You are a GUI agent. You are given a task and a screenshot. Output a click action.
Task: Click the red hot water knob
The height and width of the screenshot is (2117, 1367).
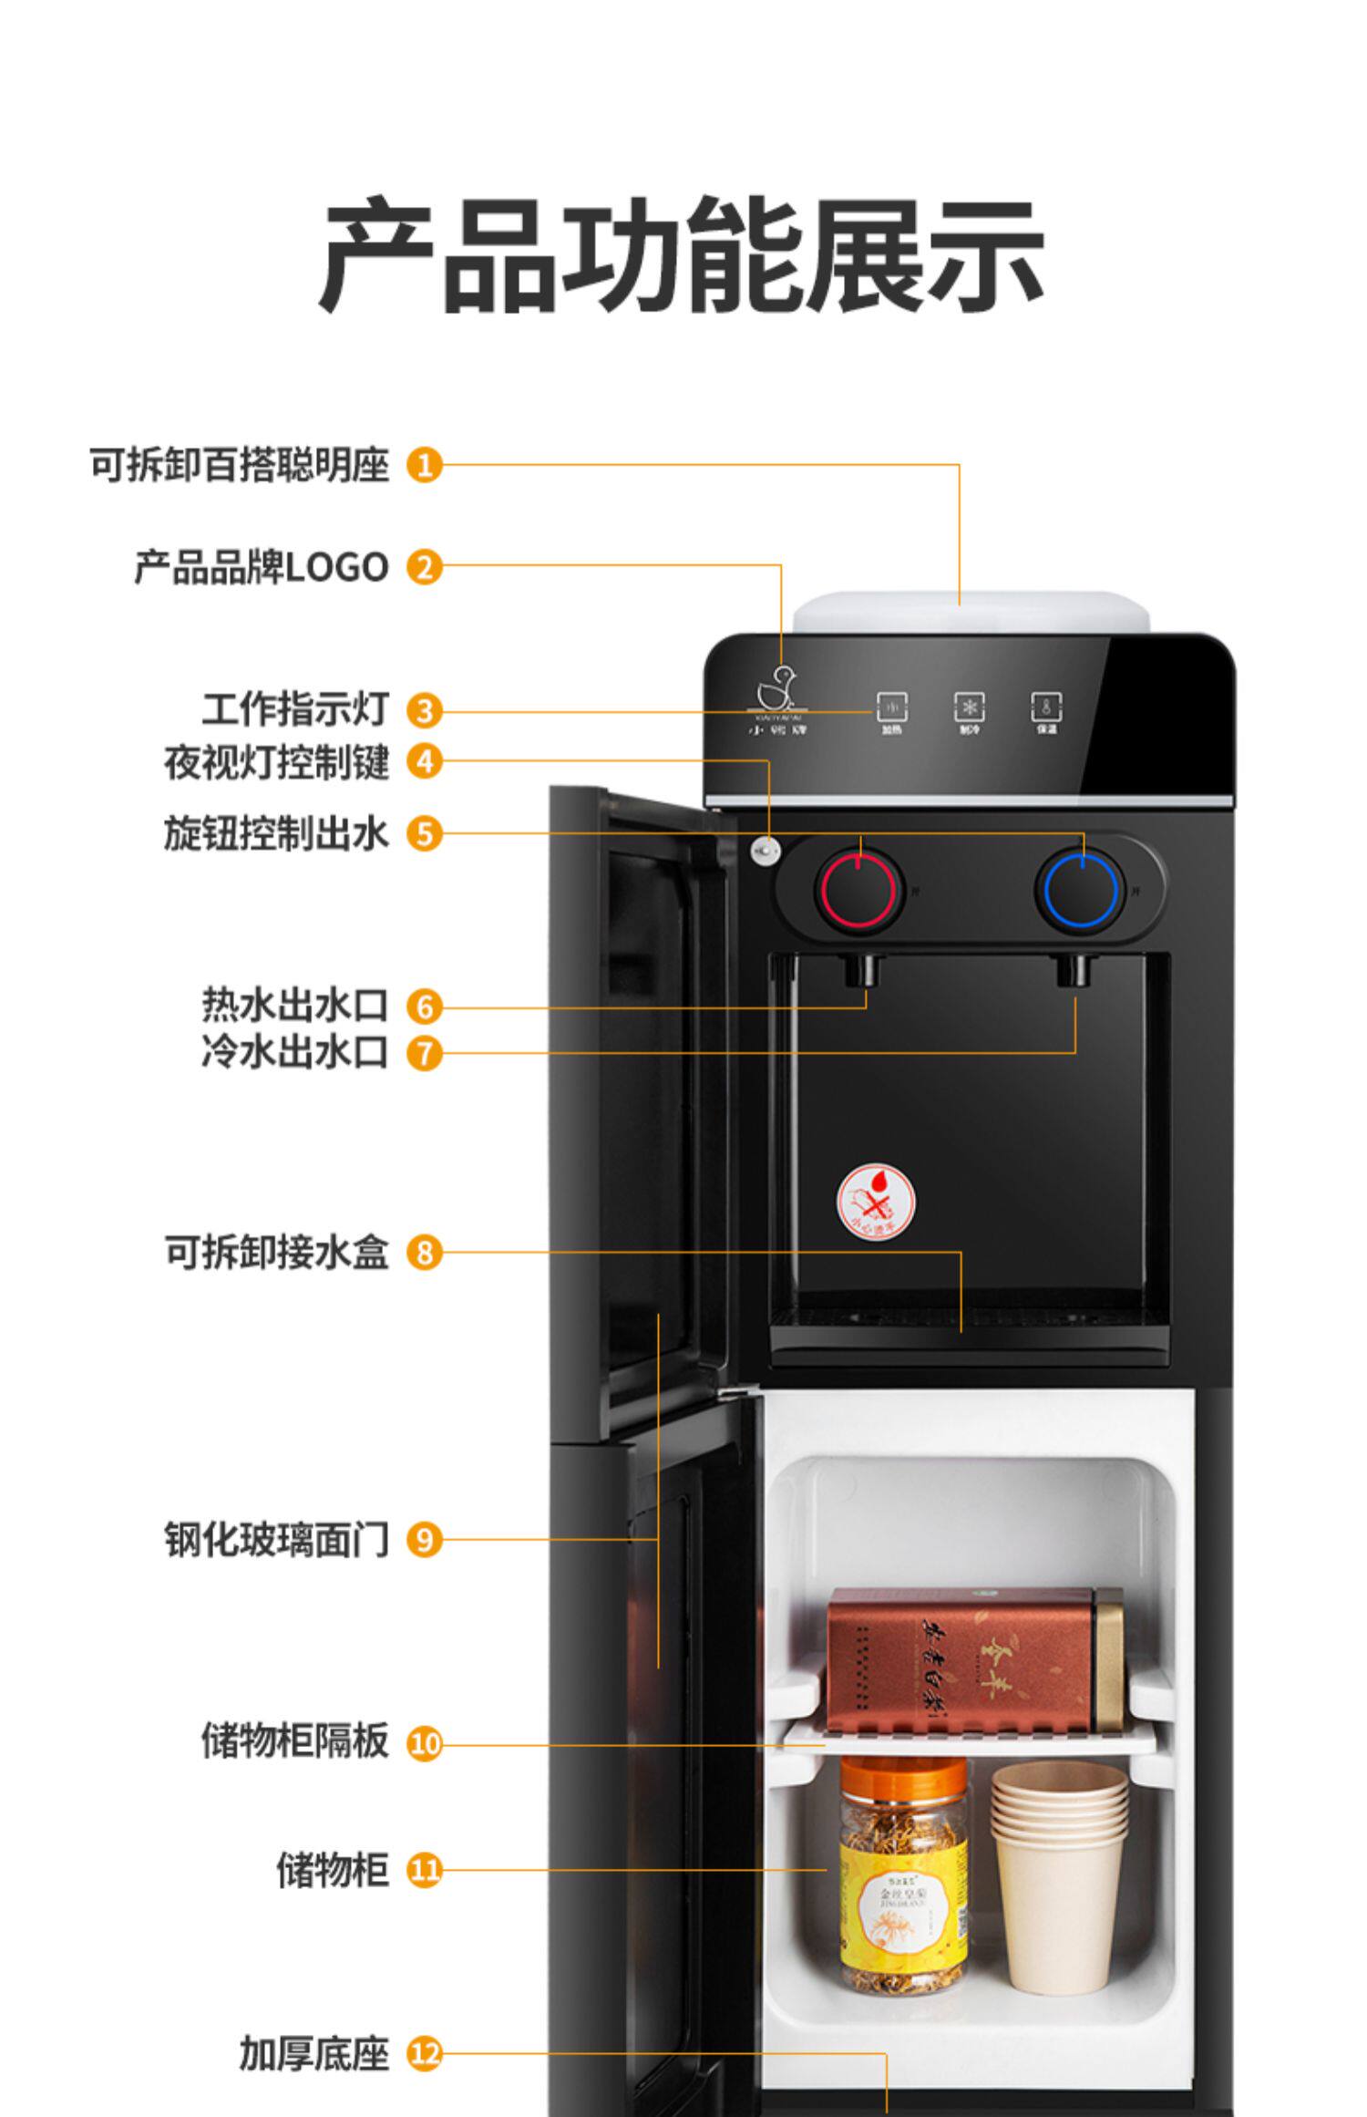pyautogui.click(x=859, y=890)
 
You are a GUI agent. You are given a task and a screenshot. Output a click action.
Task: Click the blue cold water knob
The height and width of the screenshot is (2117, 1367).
pyautogui.click(x=1081, y=890)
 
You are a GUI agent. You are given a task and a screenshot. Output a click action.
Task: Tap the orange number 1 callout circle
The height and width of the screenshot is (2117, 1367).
pyautogui.click(x=424, y=465)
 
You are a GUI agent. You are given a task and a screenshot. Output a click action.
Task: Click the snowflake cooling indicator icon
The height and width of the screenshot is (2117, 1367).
pyautogui.click(x=969, y=707)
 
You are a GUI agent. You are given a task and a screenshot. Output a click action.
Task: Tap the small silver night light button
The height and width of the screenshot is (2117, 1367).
pyautogui.click(x=764, y=851)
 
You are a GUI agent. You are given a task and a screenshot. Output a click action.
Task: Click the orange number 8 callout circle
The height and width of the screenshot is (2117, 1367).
pyautogui.click(x=424, y=1252)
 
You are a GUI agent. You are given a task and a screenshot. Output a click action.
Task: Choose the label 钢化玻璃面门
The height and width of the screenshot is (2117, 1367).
pyautogui.click(x=277, y=1540)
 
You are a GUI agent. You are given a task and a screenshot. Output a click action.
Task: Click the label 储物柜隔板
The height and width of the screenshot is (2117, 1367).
pyautogui.click(x=295, y=1740)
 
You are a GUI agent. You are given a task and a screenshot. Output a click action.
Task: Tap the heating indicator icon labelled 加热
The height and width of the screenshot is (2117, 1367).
pyautogui.click(x=891, y=709)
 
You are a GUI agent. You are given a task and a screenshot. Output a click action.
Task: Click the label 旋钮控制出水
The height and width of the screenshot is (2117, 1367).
pyautogui.click(x=277, y=833)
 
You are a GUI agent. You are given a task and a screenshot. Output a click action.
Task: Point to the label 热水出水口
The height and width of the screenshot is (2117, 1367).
pyautogui.click(x=295, y=1006)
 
